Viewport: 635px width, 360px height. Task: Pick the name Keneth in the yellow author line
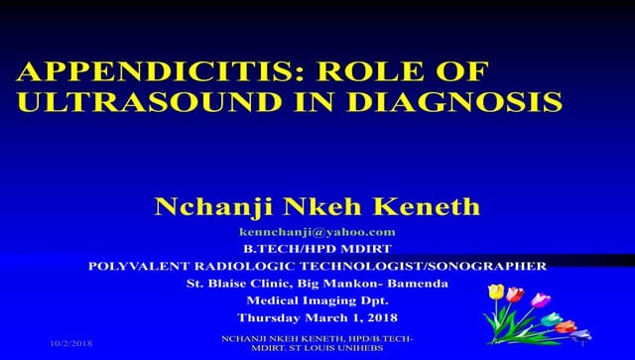(x=431, y=206)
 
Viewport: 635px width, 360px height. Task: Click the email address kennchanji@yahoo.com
(x=317, y=231)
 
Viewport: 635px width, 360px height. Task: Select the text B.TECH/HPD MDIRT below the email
(x=317, y=248)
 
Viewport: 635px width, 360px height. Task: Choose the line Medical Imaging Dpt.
(x=317, y=300)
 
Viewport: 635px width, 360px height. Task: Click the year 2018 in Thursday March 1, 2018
(x=378, y=317)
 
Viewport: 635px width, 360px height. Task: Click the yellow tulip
(x=496, y=292)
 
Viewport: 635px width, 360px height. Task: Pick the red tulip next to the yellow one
(x=514, y=294)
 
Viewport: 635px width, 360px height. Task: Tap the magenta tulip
(x=541, y=300)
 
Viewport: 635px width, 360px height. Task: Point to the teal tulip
(x=551, y=318)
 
